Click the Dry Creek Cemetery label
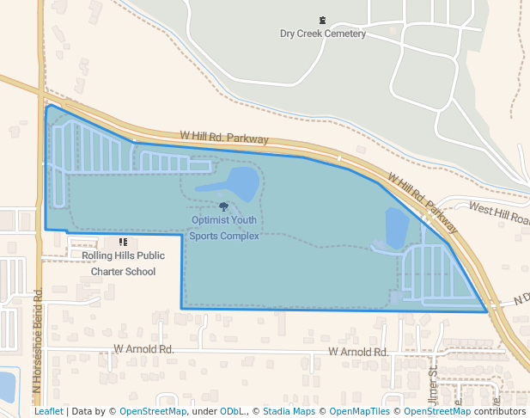[x=322, y=34]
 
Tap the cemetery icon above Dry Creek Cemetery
[x=322, y=20]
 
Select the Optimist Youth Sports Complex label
[x=223, y=228]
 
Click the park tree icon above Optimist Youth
[x=224, y=206]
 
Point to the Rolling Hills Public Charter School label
[x=123, y=263]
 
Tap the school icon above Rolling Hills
[x=123, y=243]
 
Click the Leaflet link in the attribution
[x=48, y=412]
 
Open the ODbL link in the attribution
[x=230, y=412]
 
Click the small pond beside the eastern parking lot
[x=396, y=228]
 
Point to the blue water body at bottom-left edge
[x=7, y=385]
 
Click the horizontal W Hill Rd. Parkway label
[x=224, y=137]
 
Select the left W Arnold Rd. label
[x=143, y=350]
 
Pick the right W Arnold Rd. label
[x=358, y=352]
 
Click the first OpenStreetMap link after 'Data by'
[x=153, y=412]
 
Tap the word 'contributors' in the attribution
[x=499, y=412]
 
